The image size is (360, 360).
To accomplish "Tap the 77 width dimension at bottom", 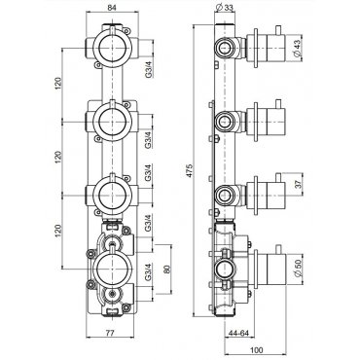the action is [110, 333].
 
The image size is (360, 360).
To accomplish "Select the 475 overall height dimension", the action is [189, 170].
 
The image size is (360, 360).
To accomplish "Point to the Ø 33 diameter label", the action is [224, 7].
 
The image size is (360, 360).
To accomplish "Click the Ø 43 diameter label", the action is [298, 48].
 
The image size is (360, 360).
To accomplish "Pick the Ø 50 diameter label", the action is [298, 270].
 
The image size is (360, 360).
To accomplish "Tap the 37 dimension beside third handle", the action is [299, 184].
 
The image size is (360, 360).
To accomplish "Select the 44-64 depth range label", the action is [238, 333].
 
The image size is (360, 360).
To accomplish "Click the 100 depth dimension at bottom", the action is [257, 350].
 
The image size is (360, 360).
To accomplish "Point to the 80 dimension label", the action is [167, 270].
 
